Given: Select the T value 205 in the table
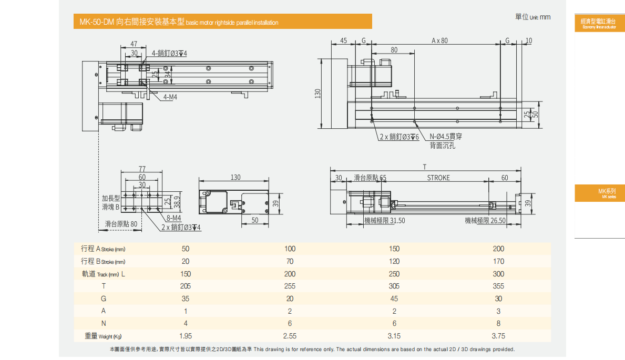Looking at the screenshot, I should (186, 286).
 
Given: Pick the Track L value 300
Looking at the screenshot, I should (498, 274).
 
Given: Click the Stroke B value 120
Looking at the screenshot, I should (394, 261).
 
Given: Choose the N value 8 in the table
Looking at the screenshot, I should (498, 324).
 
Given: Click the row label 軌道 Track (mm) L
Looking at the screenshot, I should (103, 274).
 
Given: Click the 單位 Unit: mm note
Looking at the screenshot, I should (532, 17).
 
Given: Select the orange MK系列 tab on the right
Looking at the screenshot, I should (599, 193).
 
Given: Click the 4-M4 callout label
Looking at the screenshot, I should (170, 97).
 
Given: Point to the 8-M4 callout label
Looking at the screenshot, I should (173, 218).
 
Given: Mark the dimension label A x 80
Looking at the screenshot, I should (439, 40).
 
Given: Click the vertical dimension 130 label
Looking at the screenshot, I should (317, 93).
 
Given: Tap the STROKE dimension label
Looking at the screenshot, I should (438, 178).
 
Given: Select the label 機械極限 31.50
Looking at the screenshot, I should (384, 221).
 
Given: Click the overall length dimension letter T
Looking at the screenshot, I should (425, 167).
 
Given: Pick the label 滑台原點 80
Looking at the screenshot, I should (121, 224).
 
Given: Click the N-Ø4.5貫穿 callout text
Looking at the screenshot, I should (445, 137).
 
